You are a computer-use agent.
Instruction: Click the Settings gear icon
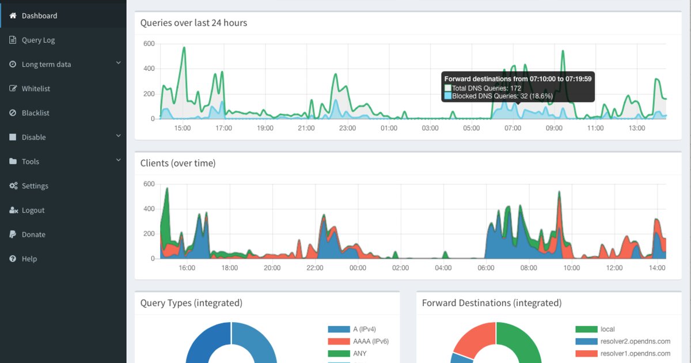tap(13, 186)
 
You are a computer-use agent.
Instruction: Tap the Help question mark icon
tap(13, 259)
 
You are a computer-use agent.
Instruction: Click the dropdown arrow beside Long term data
tap(118, 63)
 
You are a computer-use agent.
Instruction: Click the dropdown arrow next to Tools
tap(118, 160)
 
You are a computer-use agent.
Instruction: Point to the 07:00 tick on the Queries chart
tap(512, 128)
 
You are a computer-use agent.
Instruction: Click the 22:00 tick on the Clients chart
tap(315, 268)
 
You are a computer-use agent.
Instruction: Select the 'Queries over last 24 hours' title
tap(193, 23)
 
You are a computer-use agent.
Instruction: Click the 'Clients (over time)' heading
tap(178, 163)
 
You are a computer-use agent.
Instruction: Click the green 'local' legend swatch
tap(586, 330)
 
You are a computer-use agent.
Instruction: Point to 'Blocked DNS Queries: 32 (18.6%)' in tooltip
tap(502, 96)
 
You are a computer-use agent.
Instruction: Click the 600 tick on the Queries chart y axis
tap(149, 44)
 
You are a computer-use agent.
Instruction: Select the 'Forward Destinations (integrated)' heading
tap(492, 303)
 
